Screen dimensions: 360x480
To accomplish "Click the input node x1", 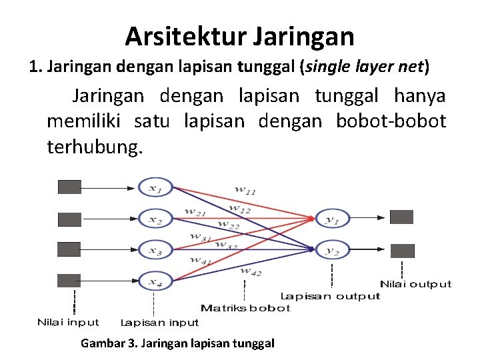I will [155, 188].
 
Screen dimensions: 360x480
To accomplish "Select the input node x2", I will [155, 219].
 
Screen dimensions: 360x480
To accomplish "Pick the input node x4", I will [155, 281].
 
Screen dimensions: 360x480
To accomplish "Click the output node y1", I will [332, 219].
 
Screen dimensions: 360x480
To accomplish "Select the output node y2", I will [332, 250].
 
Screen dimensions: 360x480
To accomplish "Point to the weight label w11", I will [245, 189].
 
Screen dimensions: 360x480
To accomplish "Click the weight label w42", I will [251, 271].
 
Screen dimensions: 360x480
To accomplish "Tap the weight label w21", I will [195, 212].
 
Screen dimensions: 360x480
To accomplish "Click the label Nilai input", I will [68, 323].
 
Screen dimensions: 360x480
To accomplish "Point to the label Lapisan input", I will [159, 323].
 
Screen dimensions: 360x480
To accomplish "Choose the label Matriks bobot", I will [245, 308].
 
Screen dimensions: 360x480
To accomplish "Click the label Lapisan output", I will [330, 296].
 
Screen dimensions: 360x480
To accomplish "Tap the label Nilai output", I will [415, 284].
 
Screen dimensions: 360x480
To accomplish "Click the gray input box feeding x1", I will [69, 187].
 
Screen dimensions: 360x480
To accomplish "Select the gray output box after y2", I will [402, 251].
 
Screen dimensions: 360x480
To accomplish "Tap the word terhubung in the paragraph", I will [95, 146].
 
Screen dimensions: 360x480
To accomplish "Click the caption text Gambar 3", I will [109, 343].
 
